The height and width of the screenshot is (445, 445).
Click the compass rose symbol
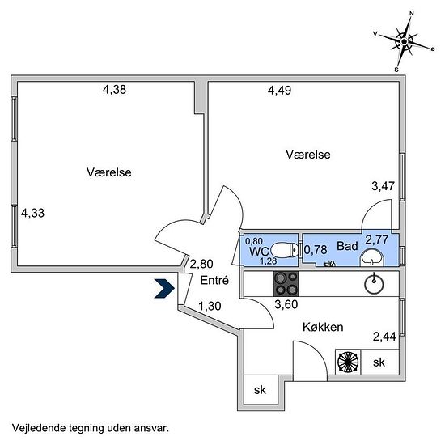pos(404,42)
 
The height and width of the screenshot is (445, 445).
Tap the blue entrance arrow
pos(164,288)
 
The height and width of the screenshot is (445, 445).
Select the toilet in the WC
pos(284,250)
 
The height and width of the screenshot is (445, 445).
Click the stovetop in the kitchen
pos(286,283)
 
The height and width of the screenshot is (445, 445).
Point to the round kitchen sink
pos(374,284)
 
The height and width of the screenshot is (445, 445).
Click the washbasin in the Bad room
pos(372,257)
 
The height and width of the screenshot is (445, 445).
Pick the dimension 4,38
pos(114,90)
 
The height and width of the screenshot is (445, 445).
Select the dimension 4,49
pos(280,91)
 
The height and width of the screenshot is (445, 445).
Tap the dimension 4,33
pos(32,213)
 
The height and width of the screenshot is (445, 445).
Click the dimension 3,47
pos(384,186)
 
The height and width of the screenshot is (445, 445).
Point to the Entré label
pos(214,281)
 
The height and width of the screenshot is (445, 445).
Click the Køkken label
pos(323,327)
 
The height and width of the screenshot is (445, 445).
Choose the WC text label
pos(259,252)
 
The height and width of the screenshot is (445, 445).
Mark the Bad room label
pos(347,246)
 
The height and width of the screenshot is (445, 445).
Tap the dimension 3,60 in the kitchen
pos(286,304)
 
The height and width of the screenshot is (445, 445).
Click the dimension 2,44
pos(384,337)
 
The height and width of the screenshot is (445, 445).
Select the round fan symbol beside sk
pos(348,362)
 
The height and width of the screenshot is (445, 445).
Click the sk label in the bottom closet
pos(260,390)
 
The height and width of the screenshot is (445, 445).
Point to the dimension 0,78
pos(316,250)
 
